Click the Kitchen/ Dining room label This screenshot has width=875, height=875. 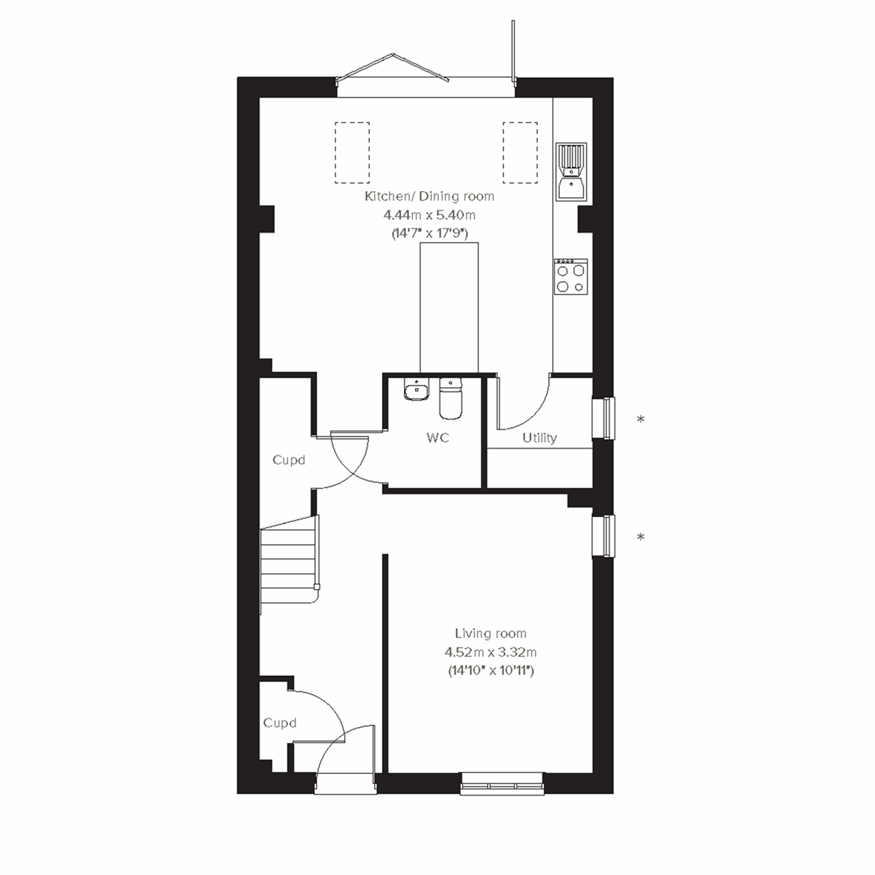[x=429, y=196]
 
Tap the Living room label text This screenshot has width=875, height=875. [x=490, y=634]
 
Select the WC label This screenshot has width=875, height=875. [x=438, y=437]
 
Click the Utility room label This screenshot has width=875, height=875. [x=540, y=437]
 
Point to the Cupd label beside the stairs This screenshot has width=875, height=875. [x=288, y=460]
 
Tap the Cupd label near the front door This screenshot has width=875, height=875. [x=280, y=723]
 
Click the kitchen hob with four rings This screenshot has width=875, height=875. [x=570, y=277]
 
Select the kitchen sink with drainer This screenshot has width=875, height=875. [x=572, y=171]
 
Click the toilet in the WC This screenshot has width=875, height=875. [x=450, y=397]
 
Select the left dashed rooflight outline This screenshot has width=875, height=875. [x=352, y=152]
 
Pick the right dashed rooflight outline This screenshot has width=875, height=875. [x=520, y=152]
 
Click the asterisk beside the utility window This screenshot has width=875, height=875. [x=641, y=420]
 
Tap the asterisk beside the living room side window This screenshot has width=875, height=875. [x=641, y=538]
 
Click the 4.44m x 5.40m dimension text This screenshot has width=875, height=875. [x=429, y=215]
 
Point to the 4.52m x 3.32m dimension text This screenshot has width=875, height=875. [x=490, y=653]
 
